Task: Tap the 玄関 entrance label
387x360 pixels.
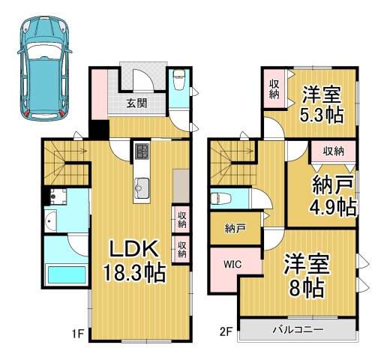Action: pos(136,103)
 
